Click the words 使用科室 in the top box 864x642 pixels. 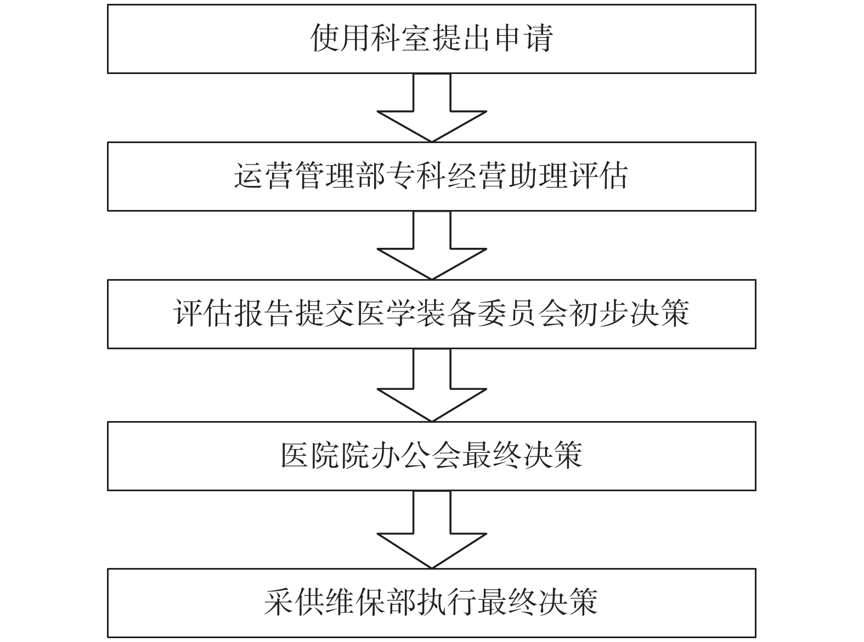coord(371,38)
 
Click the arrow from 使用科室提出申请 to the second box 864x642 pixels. coord(432,107)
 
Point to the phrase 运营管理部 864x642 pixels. coord(310,176)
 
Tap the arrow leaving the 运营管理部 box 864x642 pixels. coord(432,245)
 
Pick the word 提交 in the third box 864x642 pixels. coord(326,314)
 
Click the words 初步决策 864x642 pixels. coord(629,314)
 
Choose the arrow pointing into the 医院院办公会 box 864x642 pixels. coord(432,385)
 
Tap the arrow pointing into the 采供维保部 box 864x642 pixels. coord(432,530)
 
